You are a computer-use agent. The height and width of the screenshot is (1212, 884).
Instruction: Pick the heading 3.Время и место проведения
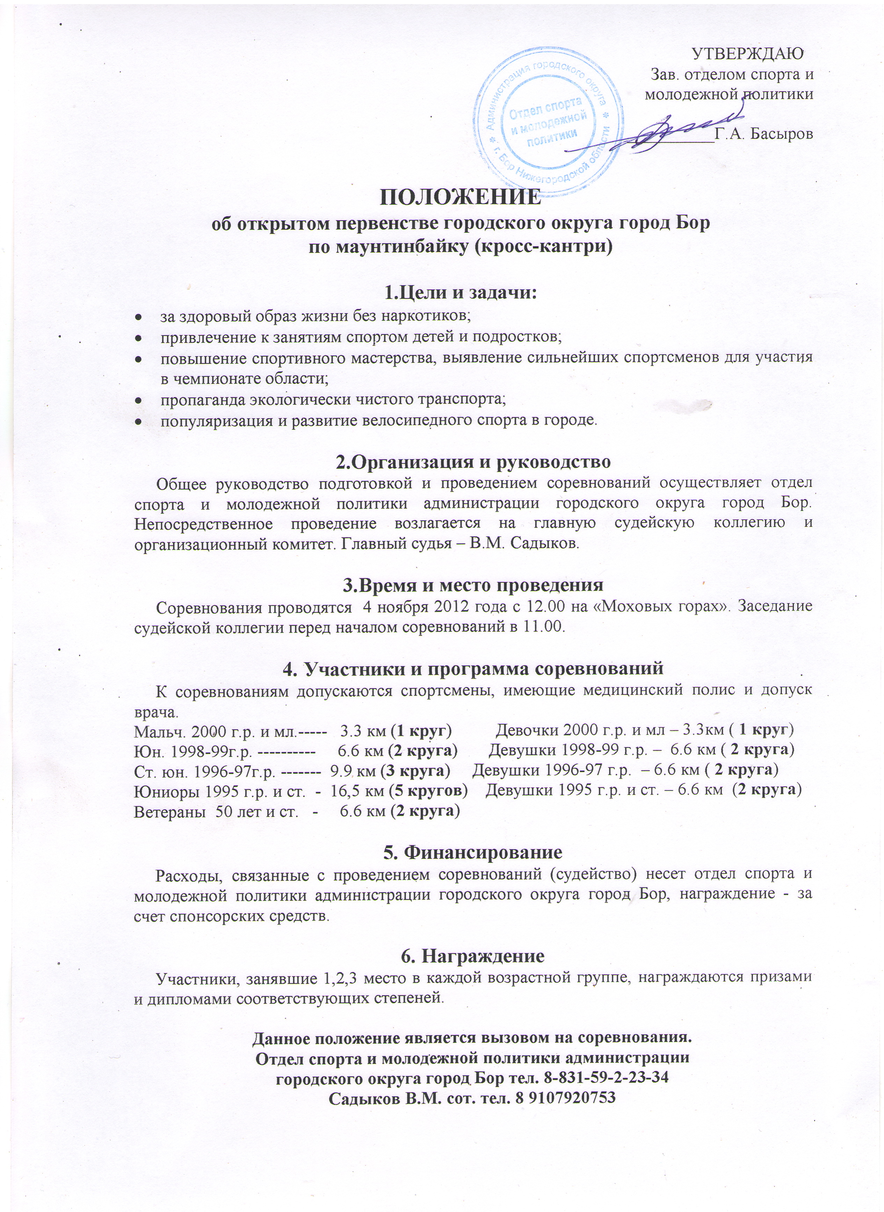473,585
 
